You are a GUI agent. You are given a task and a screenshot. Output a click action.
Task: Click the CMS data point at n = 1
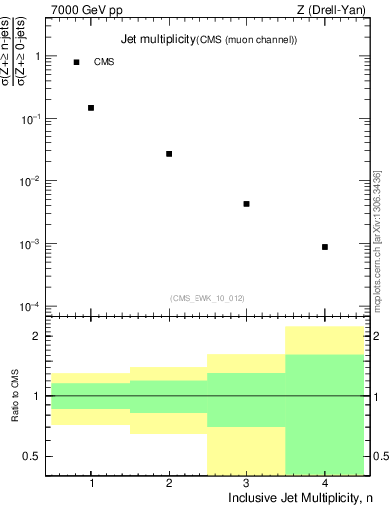91,108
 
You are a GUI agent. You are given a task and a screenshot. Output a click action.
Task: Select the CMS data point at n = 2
169,154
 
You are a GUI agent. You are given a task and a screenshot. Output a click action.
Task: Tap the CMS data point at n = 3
246,204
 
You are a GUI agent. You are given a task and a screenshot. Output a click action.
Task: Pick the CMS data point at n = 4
325,247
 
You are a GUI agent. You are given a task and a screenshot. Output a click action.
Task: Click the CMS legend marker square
76,62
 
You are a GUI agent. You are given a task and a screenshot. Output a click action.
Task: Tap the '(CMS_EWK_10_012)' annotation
206,297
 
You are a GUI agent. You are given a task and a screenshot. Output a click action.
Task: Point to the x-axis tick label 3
246,483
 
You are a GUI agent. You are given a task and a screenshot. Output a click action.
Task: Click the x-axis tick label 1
91,483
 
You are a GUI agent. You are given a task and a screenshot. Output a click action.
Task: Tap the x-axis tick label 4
325,483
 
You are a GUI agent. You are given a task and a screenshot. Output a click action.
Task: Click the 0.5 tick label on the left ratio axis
32,457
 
